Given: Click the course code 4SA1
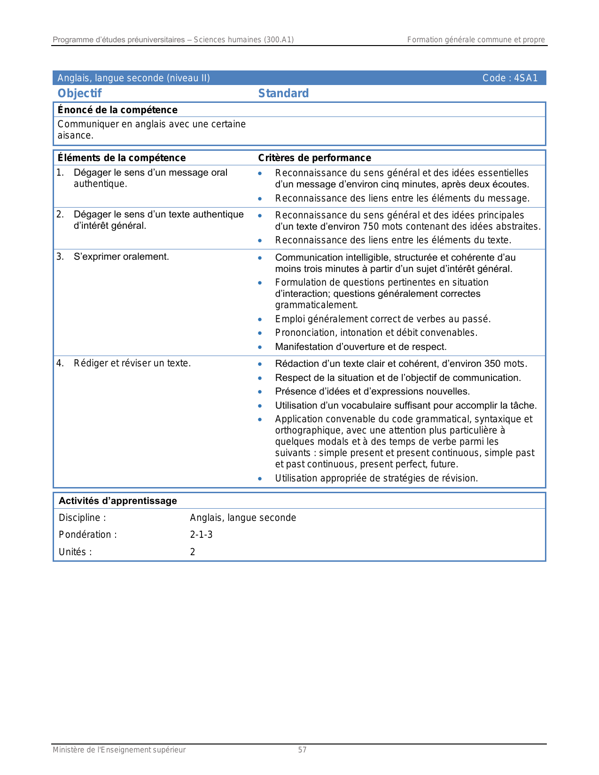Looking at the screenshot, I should coord(526,78).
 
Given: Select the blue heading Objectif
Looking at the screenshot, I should coord(79,93).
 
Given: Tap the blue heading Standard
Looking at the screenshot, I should coord(283,93).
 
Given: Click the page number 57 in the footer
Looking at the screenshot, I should coord(302,750).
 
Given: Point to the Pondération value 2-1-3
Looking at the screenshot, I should coord(201,535).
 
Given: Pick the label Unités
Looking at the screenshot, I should coord(73,552).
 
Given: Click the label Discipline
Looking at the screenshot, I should coord(79,518).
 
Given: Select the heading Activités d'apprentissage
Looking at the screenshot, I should coord(117,501).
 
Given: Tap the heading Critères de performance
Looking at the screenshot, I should coord(314,158).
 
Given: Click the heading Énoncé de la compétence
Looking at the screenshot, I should coord(117,110).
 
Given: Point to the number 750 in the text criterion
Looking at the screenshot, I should coord(371,226).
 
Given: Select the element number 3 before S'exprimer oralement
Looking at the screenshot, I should coord(60,256).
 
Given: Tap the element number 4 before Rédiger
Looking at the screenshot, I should coord(60,363).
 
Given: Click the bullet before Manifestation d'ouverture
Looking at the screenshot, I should coord(260,347).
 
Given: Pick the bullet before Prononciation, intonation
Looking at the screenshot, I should coord(260,333).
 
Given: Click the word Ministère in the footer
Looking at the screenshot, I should coord(69,750).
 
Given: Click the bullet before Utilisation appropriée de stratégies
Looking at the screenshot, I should coord(260,479).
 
